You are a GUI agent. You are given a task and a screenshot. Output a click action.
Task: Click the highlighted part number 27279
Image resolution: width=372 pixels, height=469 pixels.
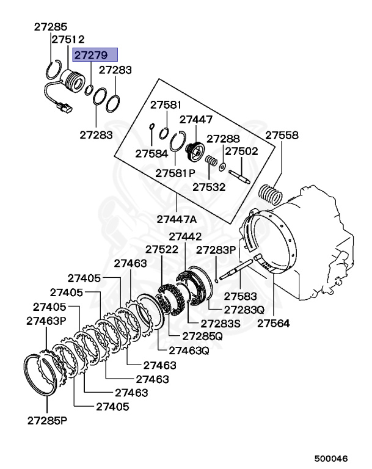(92, 55)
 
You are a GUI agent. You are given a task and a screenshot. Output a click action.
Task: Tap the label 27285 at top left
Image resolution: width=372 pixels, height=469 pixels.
(51, 27)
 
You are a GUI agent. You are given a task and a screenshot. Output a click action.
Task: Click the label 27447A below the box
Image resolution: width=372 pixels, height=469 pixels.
(176, 219)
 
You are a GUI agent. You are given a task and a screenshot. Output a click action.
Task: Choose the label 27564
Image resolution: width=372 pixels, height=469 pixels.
(273, 323)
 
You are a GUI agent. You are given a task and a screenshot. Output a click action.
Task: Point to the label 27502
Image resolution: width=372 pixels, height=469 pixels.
(242, 151)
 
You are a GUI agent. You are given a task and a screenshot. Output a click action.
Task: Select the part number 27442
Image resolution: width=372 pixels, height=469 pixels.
(185, 236)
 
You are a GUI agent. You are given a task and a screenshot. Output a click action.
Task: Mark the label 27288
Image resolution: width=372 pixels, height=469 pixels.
(223, 139)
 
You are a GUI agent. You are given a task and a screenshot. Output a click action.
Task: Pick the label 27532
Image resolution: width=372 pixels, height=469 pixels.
(210, 187)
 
